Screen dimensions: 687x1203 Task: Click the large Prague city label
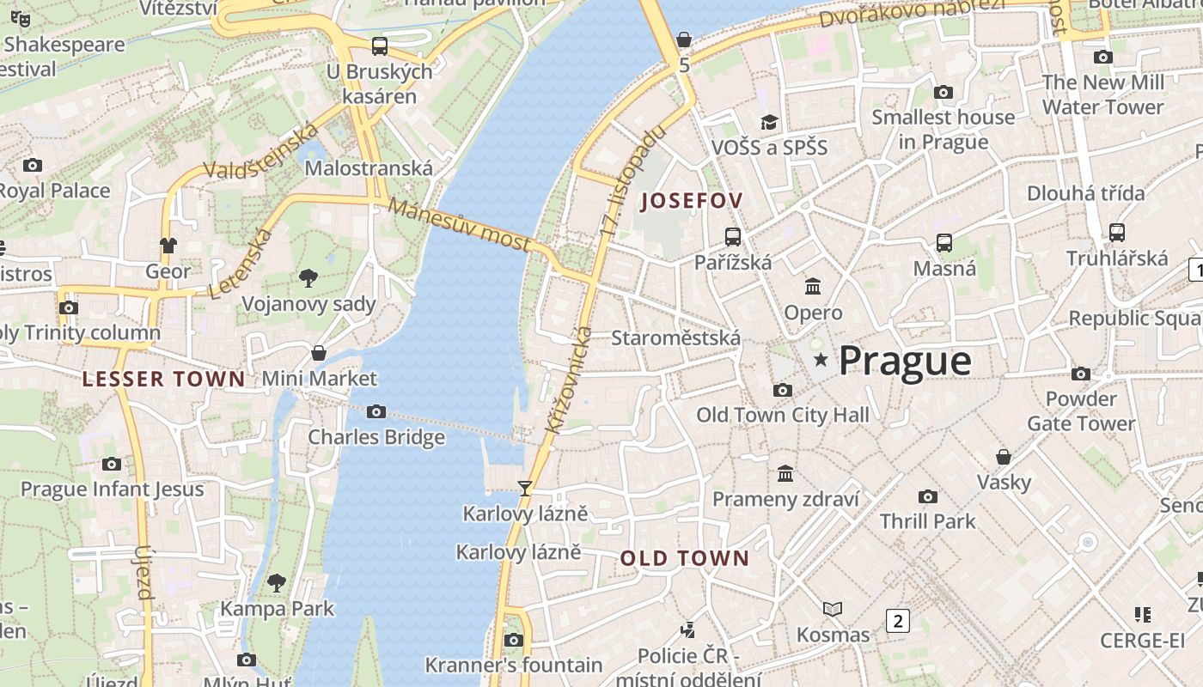tap(905, 361)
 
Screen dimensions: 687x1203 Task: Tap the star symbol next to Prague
tap(821, 360)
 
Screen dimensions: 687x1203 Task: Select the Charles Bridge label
tap(376, 437)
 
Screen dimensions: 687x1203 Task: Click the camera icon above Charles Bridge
tap(376, 412)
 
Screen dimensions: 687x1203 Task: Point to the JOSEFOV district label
tap(692, 202)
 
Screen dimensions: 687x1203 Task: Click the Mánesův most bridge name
tap(459, 224)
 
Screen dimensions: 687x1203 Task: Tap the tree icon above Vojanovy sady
tap(308, 277)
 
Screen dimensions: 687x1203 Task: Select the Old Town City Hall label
tap(782, 416)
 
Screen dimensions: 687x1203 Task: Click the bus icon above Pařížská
tap(733, 237)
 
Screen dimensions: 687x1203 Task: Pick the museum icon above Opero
tap(813, 286)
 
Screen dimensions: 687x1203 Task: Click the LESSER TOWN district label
tap(163, 379)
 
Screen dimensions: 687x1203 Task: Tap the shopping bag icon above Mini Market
tap(319, 353)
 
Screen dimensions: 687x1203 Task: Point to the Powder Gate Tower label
tap(1081, 411)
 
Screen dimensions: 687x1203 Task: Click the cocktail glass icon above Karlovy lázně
tap(525, 489)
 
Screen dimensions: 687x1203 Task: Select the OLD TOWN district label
tap(685, 559)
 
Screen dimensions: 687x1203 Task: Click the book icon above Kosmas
tap(833, 609)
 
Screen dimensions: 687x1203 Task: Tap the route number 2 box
tap(898, 620)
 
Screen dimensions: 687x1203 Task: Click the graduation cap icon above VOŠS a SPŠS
tap(769, 123)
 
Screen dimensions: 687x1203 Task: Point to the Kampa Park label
tap(277, 609)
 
